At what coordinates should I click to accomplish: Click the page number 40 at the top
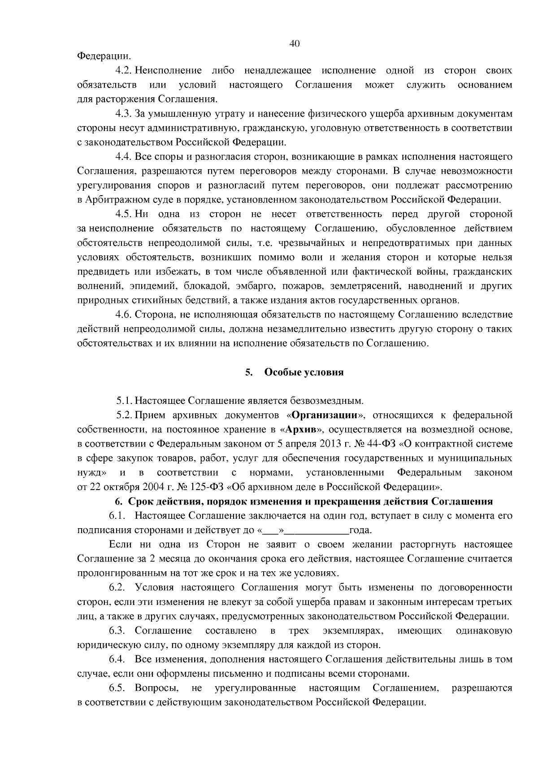pos(295,44)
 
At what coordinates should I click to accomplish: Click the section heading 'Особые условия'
pos(304,372)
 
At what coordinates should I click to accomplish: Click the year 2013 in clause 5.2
pos(331,443)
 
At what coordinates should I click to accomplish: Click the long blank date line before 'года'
pos(317,530)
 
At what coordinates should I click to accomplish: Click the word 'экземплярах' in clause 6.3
pos(353,631)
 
